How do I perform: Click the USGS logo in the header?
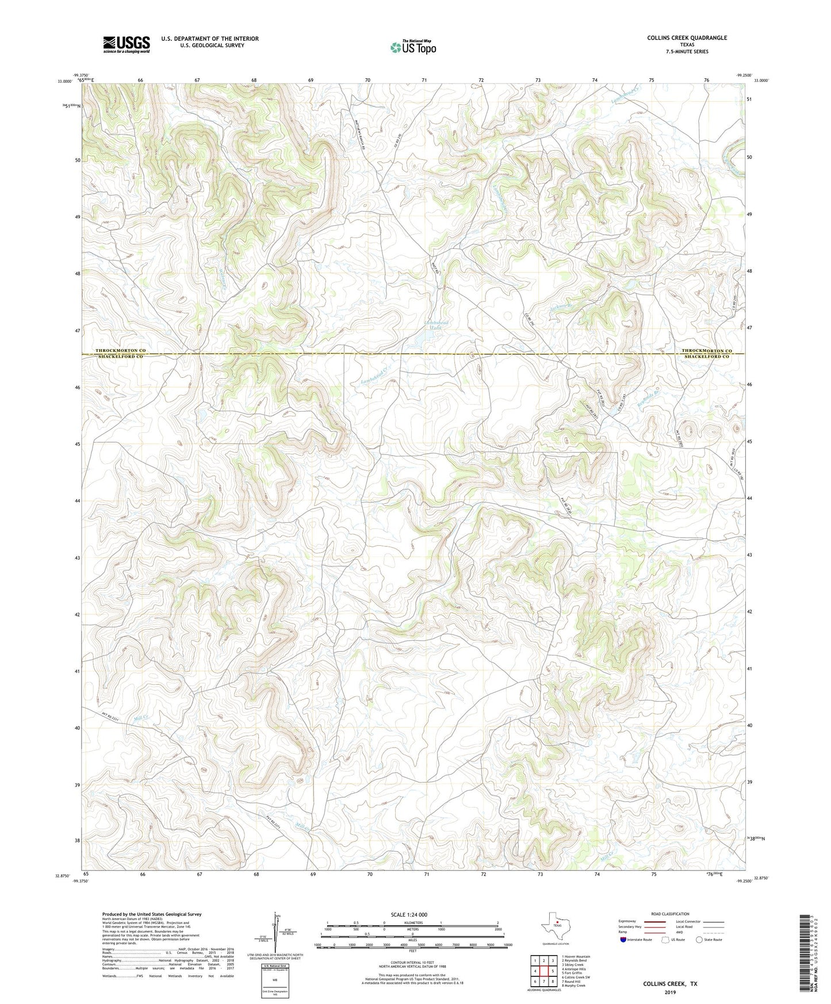point(127,44)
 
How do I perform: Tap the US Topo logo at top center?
point(413,47)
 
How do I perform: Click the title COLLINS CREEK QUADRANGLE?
point(687,38)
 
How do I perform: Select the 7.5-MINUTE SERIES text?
point(687,52)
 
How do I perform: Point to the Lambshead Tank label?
point(436,327)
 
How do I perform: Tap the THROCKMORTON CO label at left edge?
point(120,350)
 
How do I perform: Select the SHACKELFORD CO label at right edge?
point(706,357)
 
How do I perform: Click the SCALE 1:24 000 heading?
point(409,915)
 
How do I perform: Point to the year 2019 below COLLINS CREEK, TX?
point(670,992)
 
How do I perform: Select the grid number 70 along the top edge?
point(367,80)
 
